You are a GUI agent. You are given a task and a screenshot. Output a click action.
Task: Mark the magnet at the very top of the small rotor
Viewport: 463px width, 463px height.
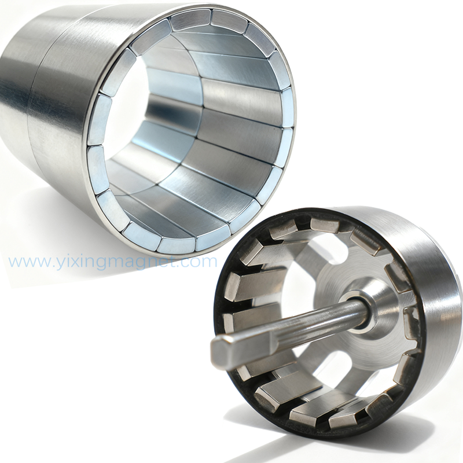324,225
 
